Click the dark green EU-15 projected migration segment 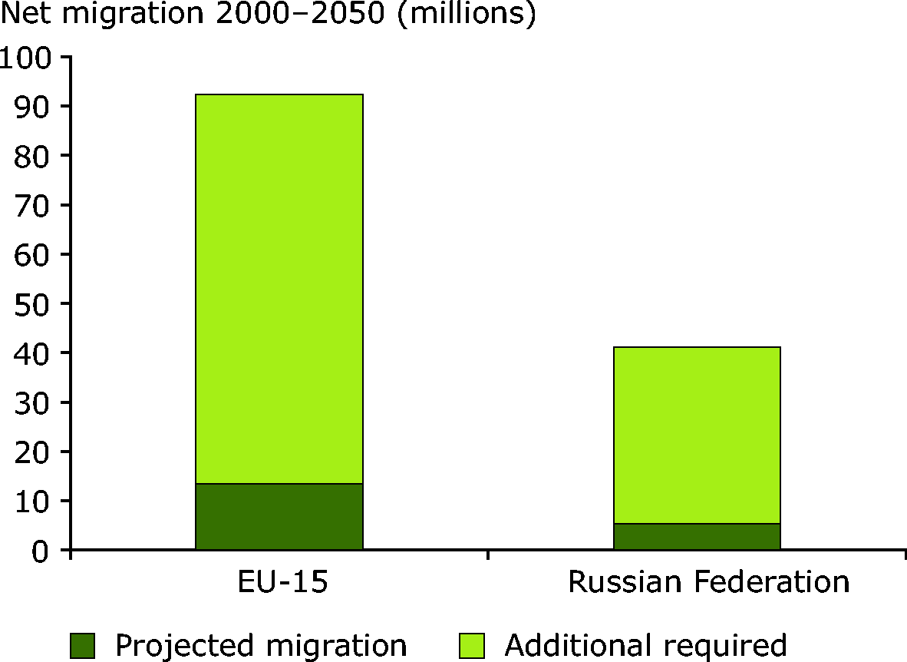(x=279, y=516)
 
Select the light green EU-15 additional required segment (x=279, y=289)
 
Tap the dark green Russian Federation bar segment (x=697, y=536)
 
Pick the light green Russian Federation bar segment (x=697, y=435)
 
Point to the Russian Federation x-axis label (x=708, y=582)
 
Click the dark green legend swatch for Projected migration (x=82, y=646)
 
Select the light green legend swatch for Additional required (x=472, y=646)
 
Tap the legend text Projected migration (x=261, y=645)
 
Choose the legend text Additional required (x=646, y=645)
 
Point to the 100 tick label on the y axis (x=25, y=58)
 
